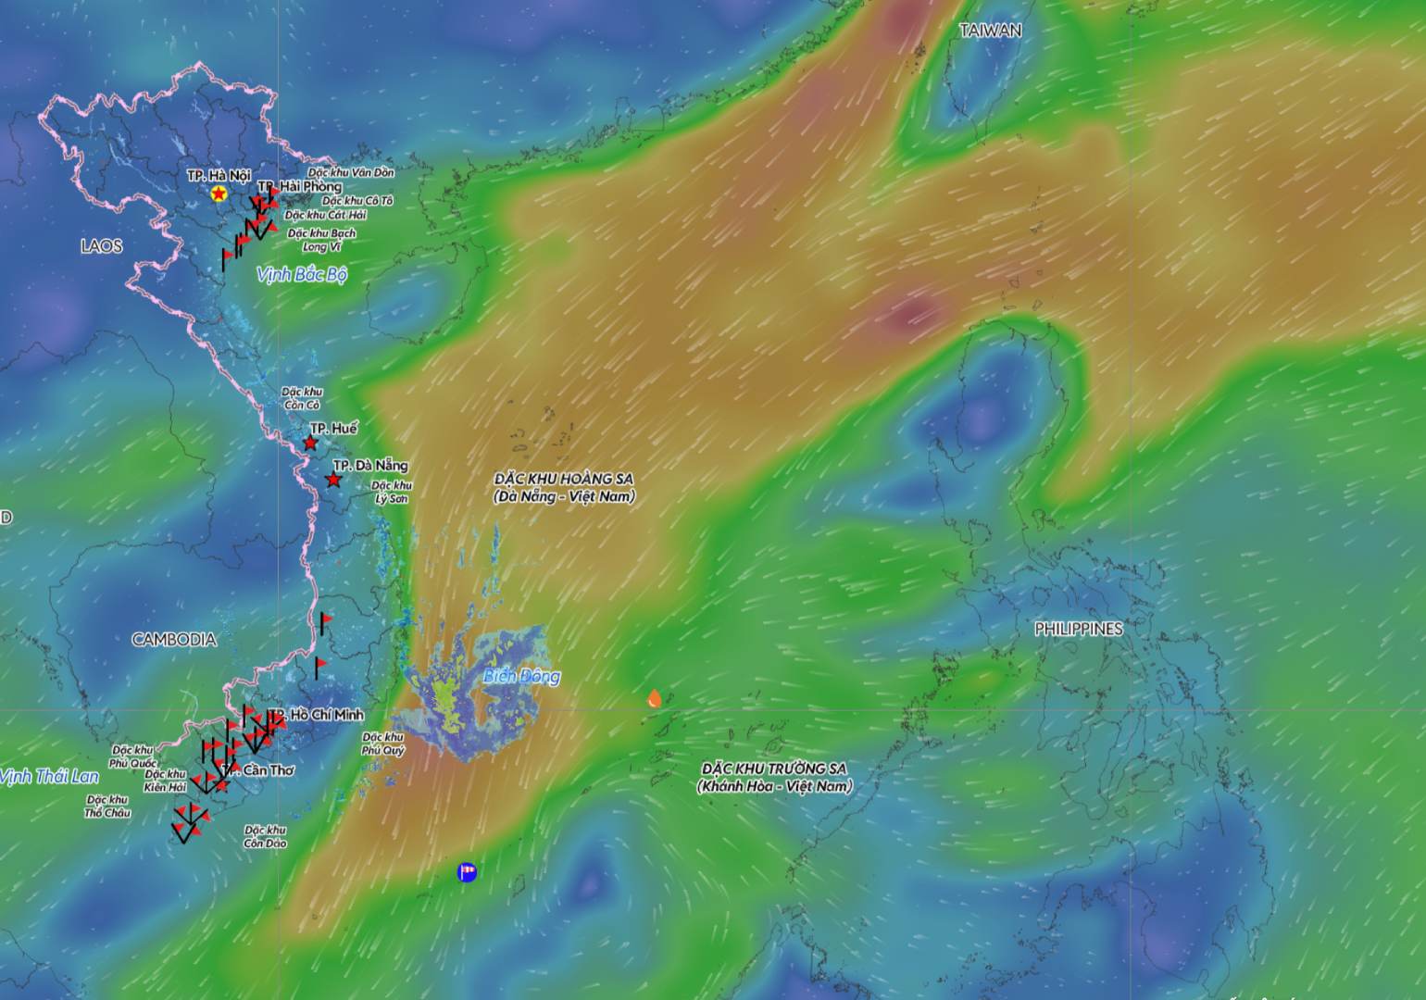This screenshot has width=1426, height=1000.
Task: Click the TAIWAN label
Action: click(x=990, y=31)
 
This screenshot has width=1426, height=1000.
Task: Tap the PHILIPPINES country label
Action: click(x=1078, y=629)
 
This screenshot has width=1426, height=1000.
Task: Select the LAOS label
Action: click(x=101, y=246)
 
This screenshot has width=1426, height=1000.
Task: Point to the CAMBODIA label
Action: click(x=174, y=639)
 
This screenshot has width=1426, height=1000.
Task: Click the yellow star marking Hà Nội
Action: click(x=219, y=194)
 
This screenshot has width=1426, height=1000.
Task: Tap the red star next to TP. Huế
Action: click(x=310, y=444)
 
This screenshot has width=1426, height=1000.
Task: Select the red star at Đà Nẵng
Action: click(x=333, y=480)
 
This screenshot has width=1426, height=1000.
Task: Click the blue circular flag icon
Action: click(x=468, y=871)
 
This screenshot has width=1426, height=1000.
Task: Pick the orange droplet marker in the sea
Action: click(x=654, y=698)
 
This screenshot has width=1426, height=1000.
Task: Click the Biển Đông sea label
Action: click(x=521, y=676)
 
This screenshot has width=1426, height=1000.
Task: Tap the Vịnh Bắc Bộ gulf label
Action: click(x=302, y=274)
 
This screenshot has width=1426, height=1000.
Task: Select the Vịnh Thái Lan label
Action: click(x=49, y=776)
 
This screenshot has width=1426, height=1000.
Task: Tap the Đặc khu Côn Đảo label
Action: click(x=266, y=837)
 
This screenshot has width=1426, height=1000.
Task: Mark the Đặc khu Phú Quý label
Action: click(x=383, y=744)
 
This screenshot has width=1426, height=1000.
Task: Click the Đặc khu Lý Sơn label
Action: click(x=391, y=492)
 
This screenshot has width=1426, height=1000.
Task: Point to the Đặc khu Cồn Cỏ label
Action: click(x=302, y=398)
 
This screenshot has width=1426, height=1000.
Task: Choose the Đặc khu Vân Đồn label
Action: click(x=351, y=172)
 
